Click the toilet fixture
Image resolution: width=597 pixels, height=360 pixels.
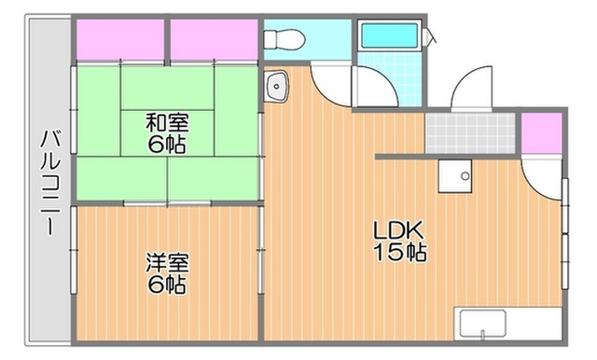[284, 39]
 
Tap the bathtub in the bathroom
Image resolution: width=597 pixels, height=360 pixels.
[389, 35]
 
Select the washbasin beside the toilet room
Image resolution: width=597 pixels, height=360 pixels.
[276, 87]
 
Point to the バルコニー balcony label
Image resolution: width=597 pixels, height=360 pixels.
[50, 182]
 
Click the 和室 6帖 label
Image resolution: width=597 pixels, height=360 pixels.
[167, 133]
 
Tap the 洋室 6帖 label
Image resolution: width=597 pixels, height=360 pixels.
[167, 273]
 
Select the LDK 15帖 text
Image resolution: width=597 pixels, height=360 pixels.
[399, 241]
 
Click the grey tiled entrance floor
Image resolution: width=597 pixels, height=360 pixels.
[470, 133]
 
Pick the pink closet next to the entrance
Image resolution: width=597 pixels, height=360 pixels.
[541, 133]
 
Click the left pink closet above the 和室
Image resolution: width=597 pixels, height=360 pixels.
[120, 39]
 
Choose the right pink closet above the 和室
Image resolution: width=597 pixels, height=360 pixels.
[214, 39]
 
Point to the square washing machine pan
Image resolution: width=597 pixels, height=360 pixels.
[455, 176]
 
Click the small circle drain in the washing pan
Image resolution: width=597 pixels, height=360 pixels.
[465, 176]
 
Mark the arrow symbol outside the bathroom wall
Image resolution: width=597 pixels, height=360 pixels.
[431, 37]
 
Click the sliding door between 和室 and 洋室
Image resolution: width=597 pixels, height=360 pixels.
[168, 203]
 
